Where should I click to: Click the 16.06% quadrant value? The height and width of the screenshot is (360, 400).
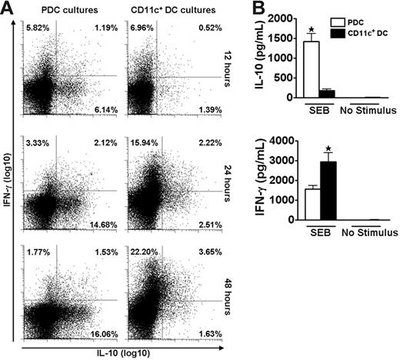tap(105, 335)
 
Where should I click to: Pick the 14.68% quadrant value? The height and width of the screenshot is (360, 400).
tap(105, 224)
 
